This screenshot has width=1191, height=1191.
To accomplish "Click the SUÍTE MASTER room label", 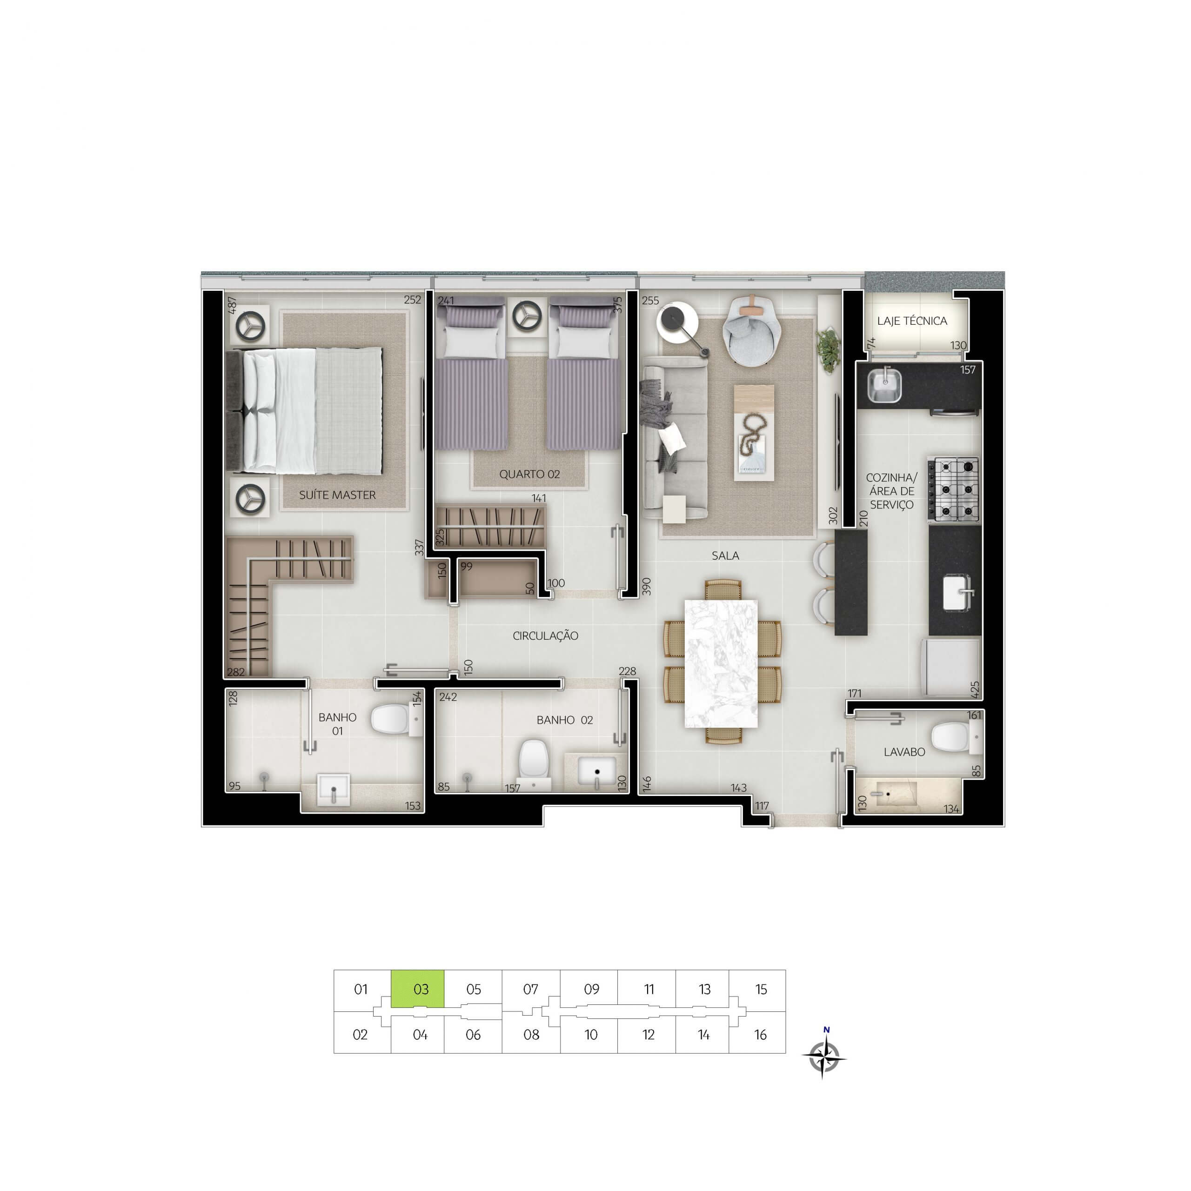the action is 337,495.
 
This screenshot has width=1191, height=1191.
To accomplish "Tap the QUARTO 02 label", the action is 529,474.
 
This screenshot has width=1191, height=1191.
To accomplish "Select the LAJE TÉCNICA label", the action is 912,321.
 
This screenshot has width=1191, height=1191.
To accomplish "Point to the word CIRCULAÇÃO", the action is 546,636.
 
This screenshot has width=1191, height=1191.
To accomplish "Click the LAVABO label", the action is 904,752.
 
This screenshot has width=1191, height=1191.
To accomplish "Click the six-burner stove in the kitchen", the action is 956,489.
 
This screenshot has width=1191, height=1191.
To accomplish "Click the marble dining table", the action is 721,663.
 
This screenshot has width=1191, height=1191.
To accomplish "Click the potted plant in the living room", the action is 829,349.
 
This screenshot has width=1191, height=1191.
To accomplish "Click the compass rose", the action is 824,1058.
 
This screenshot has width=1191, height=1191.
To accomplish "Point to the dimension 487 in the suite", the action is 233,306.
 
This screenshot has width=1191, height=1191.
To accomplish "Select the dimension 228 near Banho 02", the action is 627,671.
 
